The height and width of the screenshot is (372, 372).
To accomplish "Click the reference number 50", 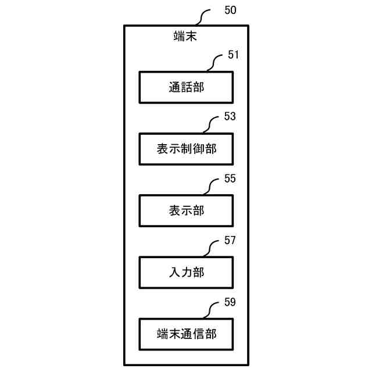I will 230,10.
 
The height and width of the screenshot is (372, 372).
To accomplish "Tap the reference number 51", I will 234,55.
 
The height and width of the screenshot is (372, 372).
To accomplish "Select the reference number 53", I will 230,117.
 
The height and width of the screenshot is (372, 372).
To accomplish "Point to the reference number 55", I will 230,178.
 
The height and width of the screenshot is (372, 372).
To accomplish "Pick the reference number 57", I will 230,240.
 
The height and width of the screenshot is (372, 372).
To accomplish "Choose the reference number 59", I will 230,302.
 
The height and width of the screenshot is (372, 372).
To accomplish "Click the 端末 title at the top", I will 186,36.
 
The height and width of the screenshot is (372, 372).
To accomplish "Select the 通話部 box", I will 186,87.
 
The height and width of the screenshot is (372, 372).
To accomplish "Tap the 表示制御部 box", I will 186,149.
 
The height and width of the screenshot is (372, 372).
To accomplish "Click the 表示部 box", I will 186,210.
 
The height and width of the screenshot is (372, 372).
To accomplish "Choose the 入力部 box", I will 186,272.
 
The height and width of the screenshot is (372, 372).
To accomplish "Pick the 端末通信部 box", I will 186,334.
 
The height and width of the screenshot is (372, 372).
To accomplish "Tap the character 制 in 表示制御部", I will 186,149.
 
